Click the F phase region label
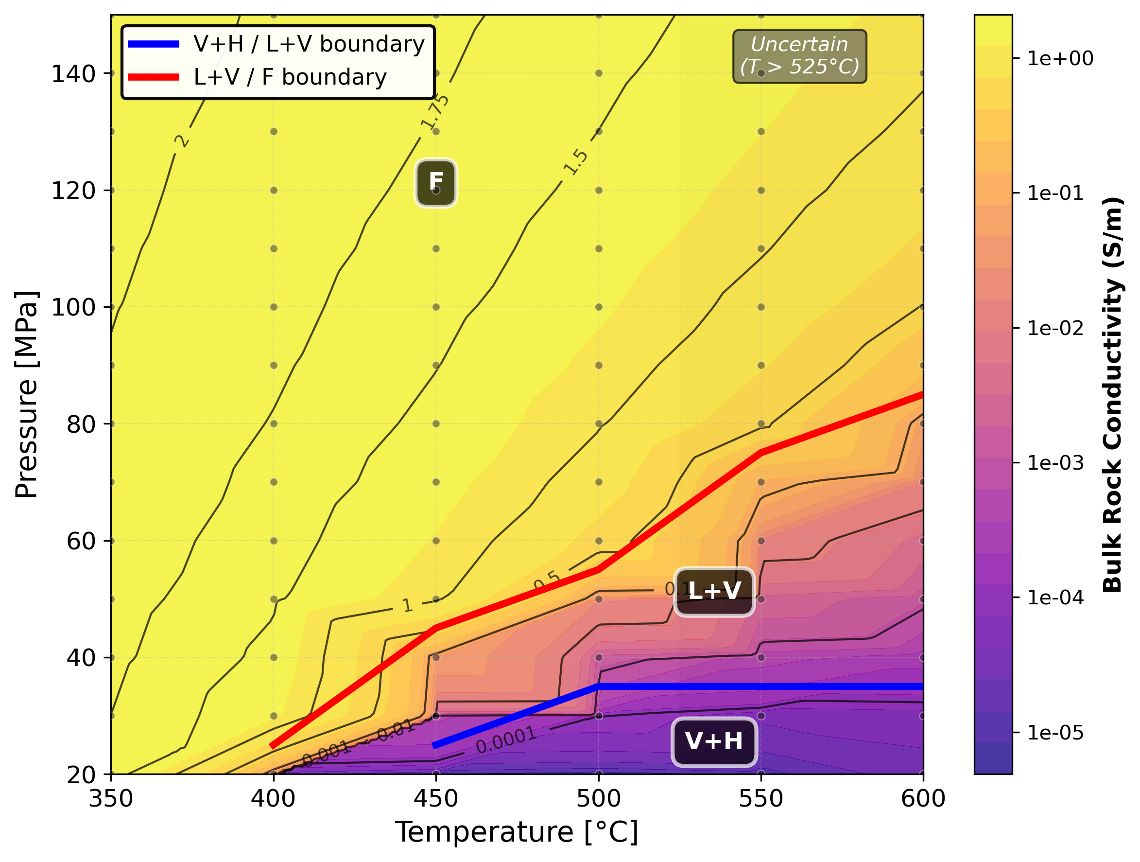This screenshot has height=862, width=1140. pos(435,182)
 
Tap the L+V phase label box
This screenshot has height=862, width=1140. pos(714,591)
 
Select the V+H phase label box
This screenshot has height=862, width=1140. pos(714,741)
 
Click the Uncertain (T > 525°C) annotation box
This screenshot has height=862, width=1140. pos(799,56)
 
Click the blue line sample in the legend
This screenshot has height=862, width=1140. pos(153,44)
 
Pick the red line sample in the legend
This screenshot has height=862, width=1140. pos(153,77)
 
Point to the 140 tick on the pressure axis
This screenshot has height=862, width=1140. pos(73,74)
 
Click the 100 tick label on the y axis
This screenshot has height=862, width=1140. pos(73,308)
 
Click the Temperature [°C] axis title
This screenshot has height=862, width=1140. pos(517,832)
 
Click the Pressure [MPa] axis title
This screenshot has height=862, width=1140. pos(26,394)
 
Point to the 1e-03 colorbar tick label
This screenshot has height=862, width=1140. pos(1055,463)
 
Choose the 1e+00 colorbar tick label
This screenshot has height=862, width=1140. pos(1060,59)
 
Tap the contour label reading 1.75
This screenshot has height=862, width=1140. pos(434,112)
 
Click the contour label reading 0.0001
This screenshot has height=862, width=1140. pos(505,741)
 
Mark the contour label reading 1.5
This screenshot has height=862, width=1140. pos(575,162)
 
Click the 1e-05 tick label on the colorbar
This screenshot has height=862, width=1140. pos(1055,733)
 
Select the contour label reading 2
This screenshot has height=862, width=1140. pos(181,141)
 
